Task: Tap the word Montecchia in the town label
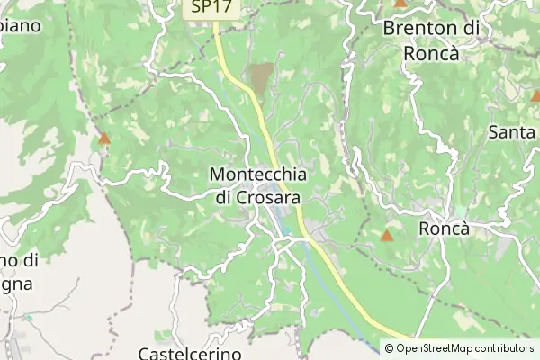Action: (257, 174)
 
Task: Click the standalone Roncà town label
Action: (445, 229)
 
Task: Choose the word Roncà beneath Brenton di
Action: (432, 54)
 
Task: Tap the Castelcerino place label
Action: (190, 354)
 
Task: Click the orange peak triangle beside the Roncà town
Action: (387, 237)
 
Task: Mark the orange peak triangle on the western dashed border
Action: (104, 139)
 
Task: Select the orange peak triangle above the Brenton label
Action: (400, 4)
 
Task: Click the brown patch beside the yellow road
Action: (261, 78)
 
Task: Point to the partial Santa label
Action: (512, 131)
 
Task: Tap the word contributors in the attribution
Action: (505, 348)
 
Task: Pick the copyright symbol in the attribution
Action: (389, 348)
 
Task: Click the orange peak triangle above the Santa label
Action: (536, 94)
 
